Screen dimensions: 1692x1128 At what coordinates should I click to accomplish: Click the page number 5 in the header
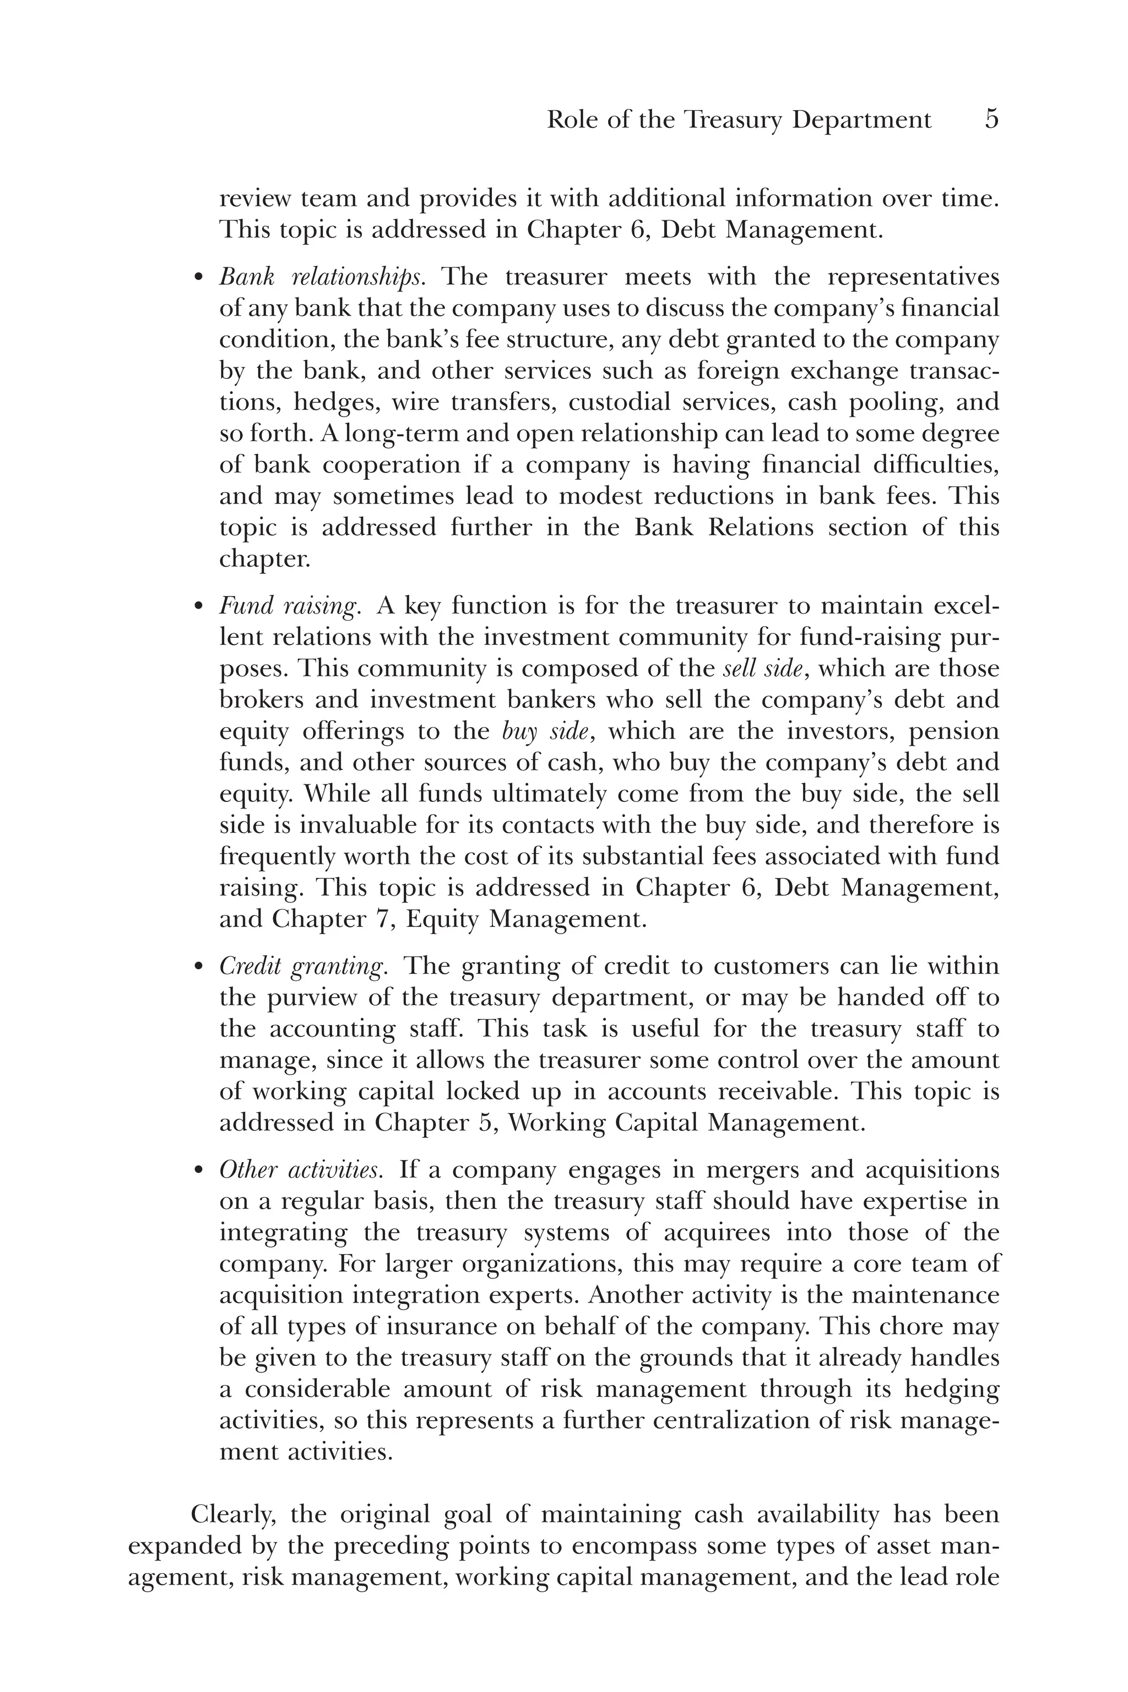[991, 119]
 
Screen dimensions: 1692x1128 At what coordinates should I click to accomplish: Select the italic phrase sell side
[762, 669]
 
